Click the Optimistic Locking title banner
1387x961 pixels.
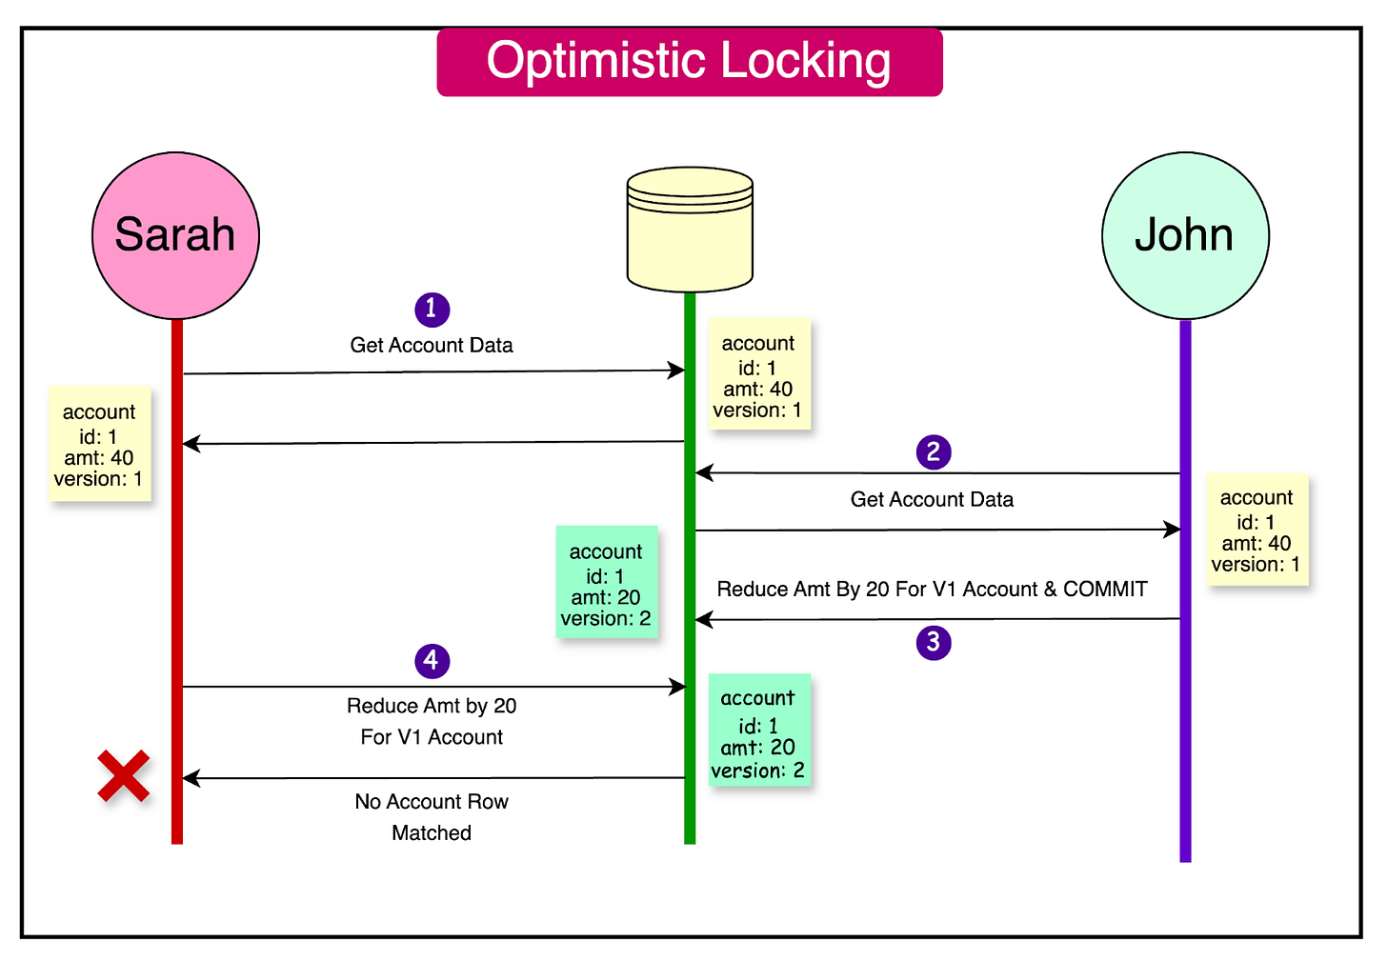click(x=689, y=62)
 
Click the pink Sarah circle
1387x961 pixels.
click(x=175, y=235)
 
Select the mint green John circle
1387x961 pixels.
click(x=1184, y=235)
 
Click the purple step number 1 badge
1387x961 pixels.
click(x=432, y=309)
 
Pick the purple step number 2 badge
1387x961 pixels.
click(x=934, y=451)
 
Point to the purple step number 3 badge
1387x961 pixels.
click(x=934, y=642)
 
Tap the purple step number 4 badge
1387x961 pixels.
click(x=432, y=660)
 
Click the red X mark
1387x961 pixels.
click(x=124, y=775)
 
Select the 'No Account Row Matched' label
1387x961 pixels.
click(x=432, y=816)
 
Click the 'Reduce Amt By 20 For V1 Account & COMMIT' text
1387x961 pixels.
click(x=931, y=589)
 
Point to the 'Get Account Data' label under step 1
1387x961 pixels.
click(x=432, y=345)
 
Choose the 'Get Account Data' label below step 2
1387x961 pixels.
click(x=932, y=499)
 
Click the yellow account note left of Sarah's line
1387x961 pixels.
click(x=99, y=444)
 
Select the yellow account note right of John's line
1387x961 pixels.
click(x=1256, y=530)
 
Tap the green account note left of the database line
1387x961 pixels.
click(x=606, y=583)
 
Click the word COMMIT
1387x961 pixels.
click(x=1105, y=589)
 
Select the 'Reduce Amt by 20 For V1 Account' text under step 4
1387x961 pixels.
click(x=432, y=721)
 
